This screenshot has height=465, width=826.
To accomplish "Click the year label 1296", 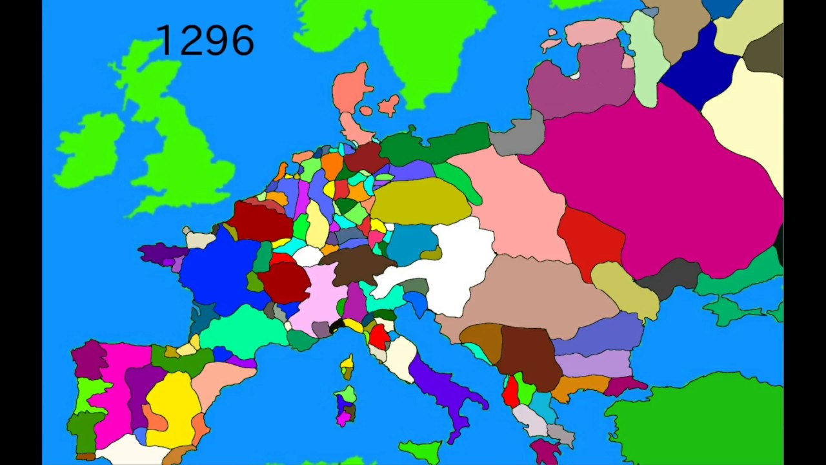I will pos(205,41).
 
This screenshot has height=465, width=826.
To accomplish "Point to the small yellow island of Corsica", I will pos(347,366).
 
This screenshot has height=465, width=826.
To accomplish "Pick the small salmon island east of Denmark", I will pos(388,105).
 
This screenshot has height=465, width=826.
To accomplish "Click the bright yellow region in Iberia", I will pos(173,407).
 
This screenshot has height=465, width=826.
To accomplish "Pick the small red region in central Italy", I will pos(379,336).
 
